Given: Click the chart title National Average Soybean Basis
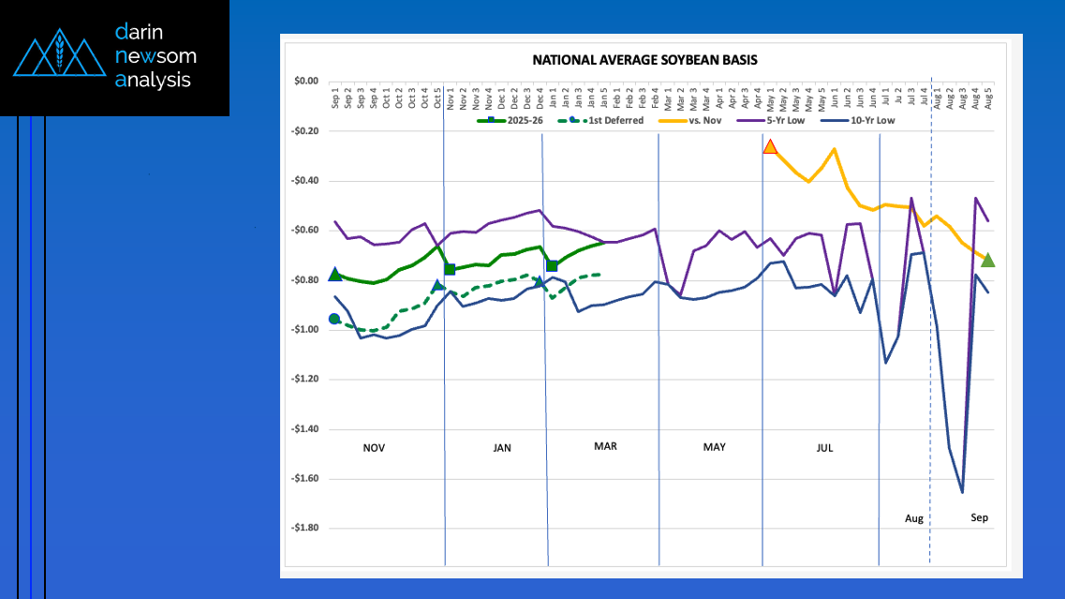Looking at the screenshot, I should (644, 59).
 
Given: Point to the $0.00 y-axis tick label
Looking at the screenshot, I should (305, 82).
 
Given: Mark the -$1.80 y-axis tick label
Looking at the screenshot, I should (303, 528).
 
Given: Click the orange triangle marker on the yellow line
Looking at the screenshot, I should (770, 146).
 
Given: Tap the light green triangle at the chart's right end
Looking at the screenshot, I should (987, 260).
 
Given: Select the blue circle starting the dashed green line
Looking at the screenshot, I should (334, 320).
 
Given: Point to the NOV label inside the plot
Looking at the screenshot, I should (374, 448).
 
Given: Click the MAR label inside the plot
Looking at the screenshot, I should (605, 446).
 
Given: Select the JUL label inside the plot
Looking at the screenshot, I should (824, 448).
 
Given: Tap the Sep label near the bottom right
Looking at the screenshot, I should (979, 517).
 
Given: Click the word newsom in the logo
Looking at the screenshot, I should (155, 56).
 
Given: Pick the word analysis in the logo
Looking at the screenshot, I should (153, 81).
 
